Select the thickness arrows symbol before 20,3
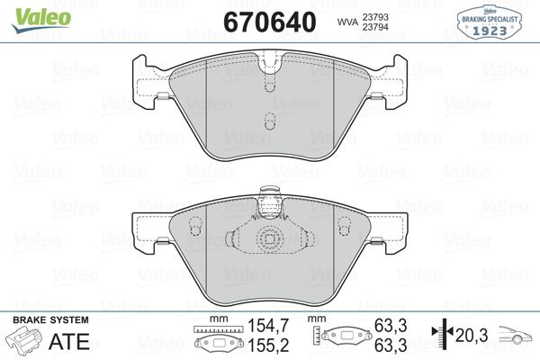point(441,336)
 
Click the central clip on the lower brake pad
point(267,239)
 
